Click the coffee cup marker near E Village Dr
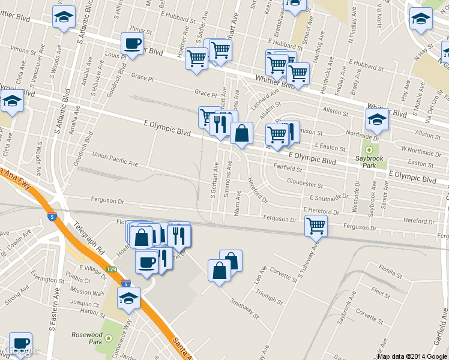click(146, 262)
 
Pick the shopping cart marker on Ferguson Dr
click(316, 226)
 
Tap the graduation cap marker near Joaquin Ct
click(128, 298)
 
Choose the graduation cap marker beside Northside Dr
click(377, 120)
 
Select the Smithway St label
click(243, 307)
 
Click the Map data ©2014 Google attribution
click(412, 356)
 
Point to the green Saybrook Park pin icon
click(369, 151)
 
